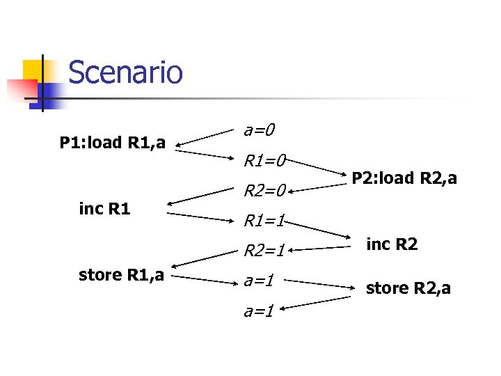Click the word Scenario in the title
coord(125,72)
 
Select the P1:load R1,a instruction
coord(112,143)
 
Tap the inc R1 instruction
coord(105,208)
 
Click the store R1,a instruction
coord(121,275)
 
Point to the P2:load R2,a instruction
coord(404,178)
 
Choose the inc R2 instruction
coord(392,244)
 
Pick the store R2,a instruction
coord(408,288)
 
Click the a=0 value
coord(259,130)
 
